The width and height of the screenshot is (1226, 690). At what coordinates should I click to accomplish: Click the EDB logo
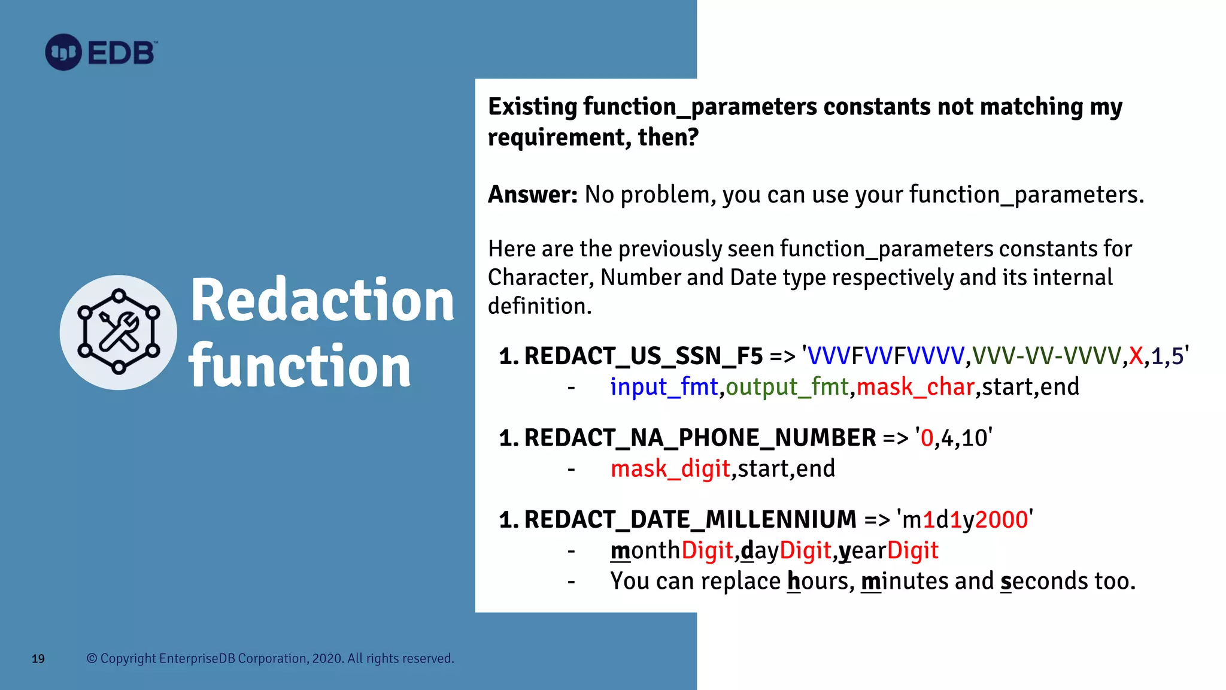pyautogui.click(x=101, y=53)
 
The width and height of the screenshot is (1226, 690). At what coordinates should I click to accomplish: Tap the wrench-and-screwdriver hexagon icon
pyautogui.click(x=119, y=332)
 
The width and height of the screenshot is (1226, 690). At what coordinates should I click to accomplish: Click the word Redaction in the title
pyautogui.click(x=322, y=301)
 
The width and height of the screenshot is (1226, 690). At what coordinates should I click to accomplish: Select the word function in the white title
pyautogui.click(x=299, y=367)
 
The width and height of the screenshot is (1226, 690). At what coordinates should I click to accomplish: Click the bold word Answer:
pyautogui.click(x=532, y=195)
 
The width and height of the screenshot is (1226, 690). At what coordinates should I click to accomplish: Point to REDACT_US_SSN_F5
pyautogui.click(x=644, y=356)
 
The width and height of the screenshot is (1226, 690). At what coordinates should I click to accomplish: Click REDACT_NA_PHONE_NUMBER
pyautogui.click(x=700, y=438)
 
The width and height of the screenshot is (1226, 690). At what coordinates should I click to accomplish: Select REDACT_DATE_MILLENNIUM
pyautogui.click(x=690, y=519)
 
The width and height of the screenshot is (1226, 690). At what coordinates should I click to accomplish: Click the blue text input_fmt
pyautogui.click(x=663, y=387)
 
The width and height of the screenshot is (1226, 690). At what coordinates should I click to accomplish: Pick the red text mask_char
pyautogui.click(x=915, y=387)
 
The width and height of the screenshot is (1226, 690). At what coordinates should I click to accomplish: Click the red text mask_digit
pyautogui.click(x=670, y=468)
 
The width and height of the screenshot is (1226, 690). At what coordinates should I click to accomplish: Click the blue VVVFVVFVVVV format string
pyautogui.click(x=885, y=356)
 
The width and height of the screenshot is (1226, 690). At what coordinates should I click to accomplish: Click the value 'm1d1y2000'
pyautogui.click(x=964, y=519)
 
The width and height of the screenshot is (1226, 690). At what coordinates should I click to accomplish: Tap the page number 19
pyautogui.click(x=38, y=659)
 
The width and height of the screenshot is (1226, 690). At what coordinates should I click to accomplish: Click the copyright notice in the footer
pyautogui.click(x=271, y=658)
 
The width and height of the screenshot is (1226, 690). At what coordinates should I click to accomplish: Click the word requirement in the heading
pyautogui.click(x=557, y=137)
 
